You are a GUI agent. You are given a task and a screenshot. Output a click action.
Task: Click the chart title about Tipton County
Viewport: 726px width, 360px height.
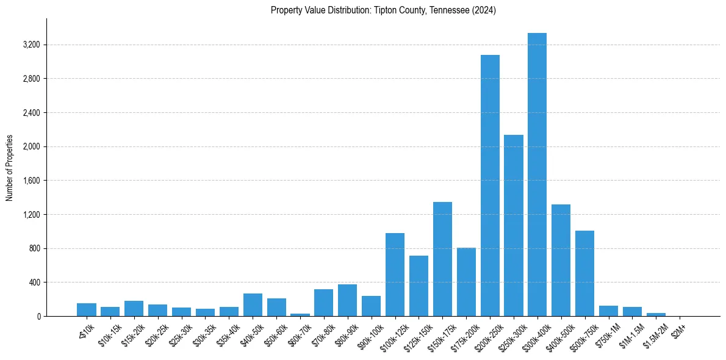383,10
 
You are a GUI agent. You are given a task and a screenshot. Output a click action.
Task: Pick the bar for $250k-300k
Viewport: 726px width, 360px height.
514,226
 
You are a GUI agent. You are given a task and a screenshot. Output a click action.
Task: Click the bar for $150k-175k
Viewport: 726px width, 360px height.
442,259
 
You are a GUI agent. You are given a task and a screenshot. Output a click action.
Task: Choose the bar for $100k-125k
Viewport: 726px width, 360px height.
395,275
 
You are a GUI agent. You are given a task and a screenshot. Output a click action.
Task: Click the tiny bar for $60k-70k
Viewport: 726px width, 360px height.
300,314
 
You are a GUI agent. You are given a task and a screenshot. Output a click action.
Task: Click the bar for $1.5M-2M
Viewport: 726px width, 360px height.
656,314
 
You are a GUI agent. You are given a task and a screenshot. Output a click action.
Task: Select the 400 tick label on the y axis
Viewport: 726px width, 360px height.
34,283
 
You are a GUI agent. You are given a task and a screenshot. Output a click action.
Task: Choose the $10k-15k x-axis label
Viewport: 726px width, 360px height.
109,336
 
